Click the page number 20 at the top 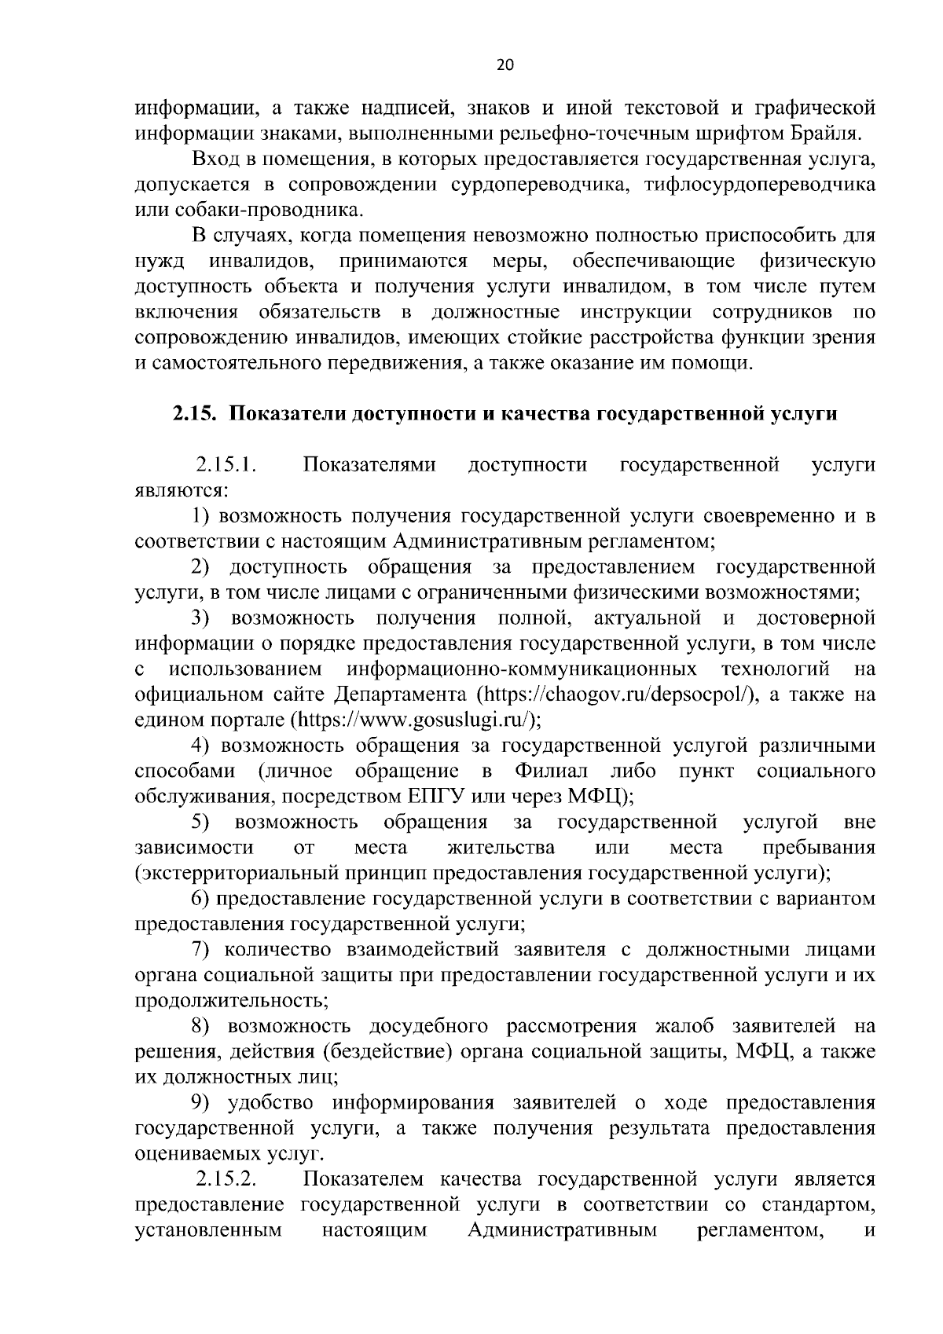(505, 66)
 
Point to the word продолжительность (232, 1000)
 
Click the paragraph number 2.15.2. (227, 1179)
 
